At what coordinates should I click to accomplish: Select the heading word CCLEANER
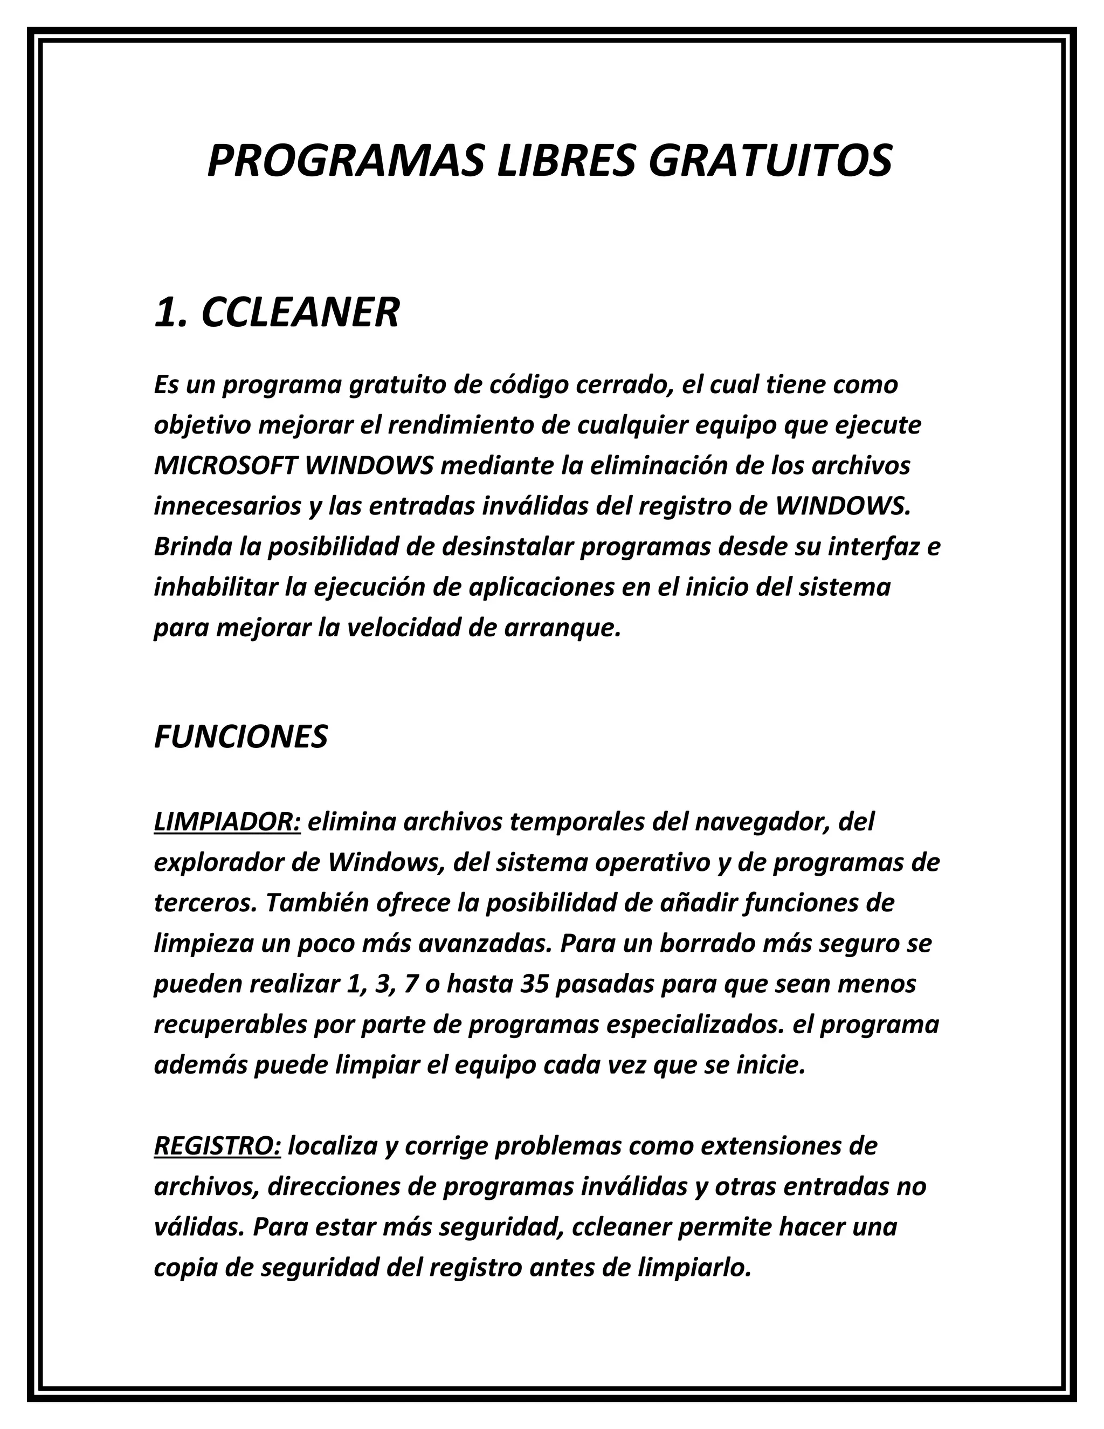point(300,313)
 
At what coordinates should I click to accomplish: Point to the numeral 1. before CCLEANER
point(172,313)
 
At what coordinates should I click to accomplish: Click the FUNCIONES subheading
point(240,737)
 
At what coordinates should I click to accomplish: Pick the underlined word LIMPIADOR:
point(227,822)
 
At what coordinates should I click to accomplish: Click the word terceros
point(206,904)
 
